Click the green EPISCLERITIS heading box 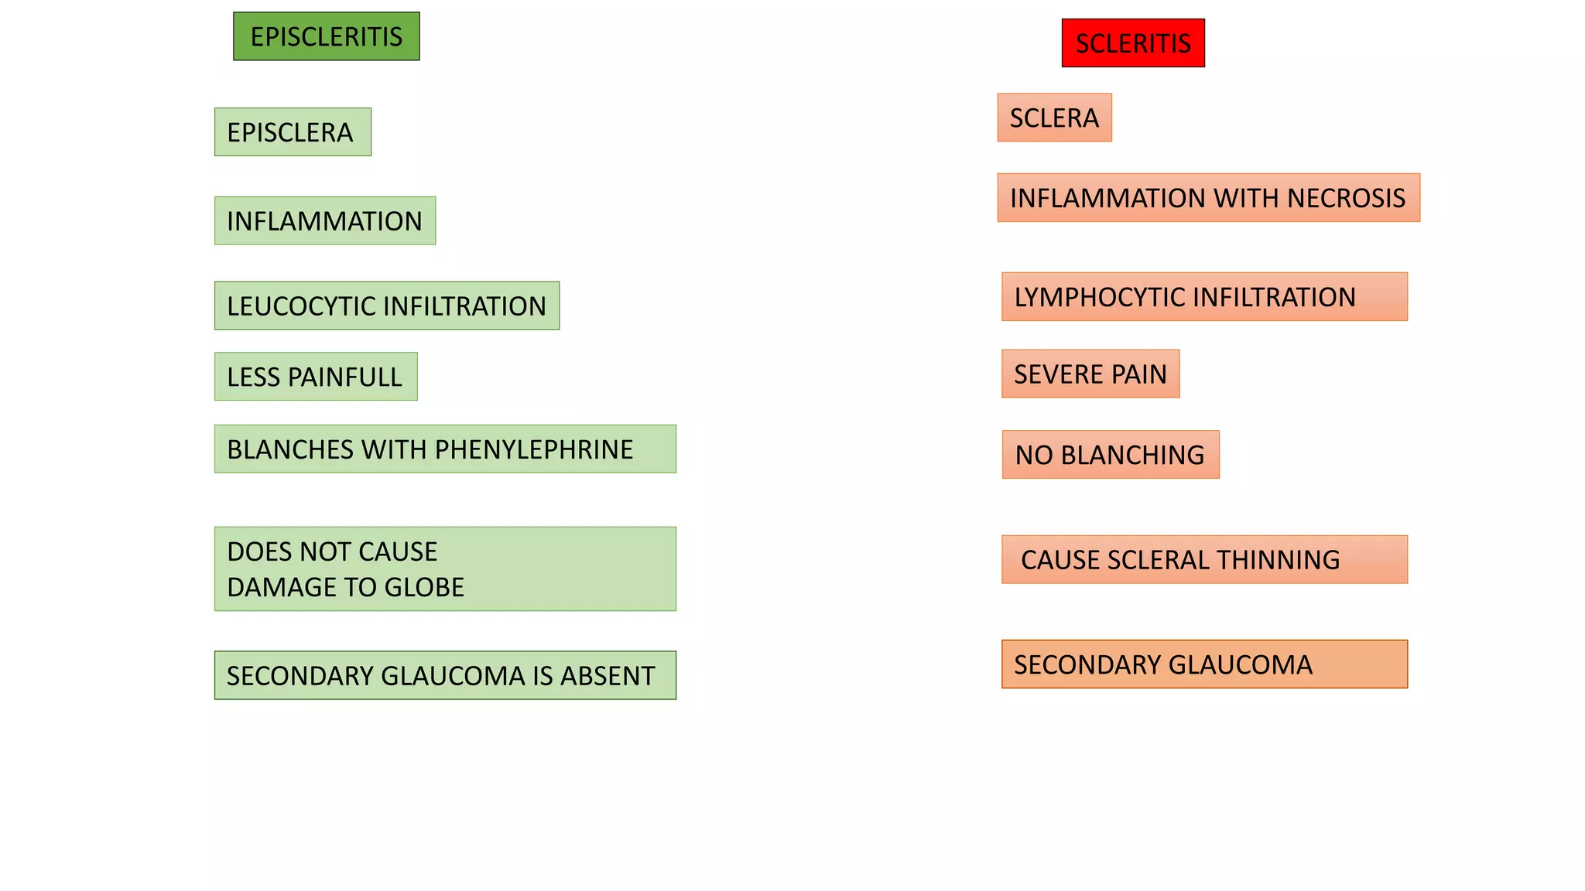327,36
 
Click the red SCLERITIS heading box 1133,43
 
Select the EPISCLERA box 293,132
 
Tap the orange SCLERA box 1054,118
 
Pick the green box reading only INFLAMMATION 325,221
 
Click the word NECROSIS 1347,199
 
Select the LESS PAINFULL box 316,377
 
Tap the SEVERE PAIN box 1090,374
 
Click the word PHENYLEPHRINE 534,450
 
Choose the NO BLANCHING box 1111,455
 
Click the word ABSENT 608,677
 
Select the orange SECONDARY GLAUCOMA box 1204,664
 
